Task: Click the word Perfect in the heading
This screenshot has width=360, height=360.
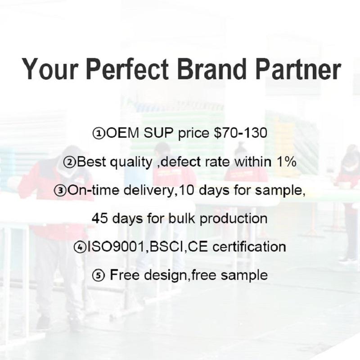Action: click(127, 69)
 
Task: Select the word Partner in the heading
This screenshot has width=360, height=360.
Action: click(298, 69)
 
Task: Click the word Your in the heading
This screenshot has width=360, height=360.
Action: click(49, 69)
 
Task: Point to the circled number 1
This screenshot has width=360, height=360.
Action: click(99, 133)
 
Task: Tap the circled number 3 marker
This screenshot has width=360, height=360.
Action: click(60, 190)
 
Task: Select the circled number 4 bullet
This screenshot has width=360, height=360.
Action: click(80, 247)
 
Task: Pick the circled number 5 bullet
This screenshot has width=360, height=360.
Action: click(98, 275)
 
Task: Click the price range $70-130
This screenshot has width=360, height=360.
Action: click(240, 133)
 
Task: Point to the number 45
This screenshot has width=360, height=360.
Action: click(99, 218)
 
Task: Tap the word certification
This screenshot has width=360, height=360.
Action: click(249, 247)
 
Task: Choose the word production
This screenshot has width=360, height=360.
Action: click(233, 218)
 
